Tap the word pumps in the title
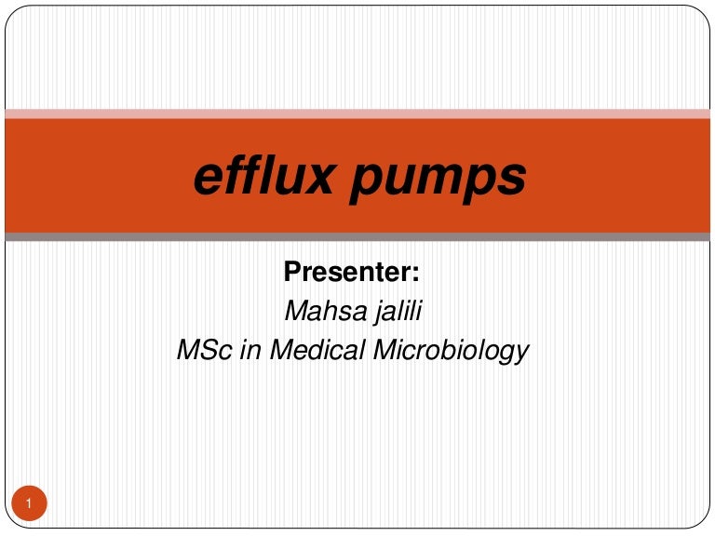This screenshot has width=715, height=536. pyautogui.click(x=437, y=179)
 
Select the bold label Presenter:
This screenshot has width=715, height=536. pyautogui.click(x=352, y=273)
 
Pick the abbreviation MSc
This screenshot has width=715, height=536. pyautogui.click(x=201, y=351)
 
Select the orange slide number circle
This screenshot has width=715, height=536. pyautogui.click(x=30, y=504)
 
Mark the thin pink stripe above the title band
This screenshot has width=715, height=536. pyautogui.click(x=357, y=114)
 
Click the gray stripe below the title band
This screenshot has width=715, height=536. pyautogui.click(x=357, y=237)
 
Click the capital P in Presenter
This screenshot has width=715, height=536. pyautogui.click(x=291, y=273)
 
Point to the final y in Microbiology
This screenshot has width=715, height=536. pyautogui.click(x=522, y=355)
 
